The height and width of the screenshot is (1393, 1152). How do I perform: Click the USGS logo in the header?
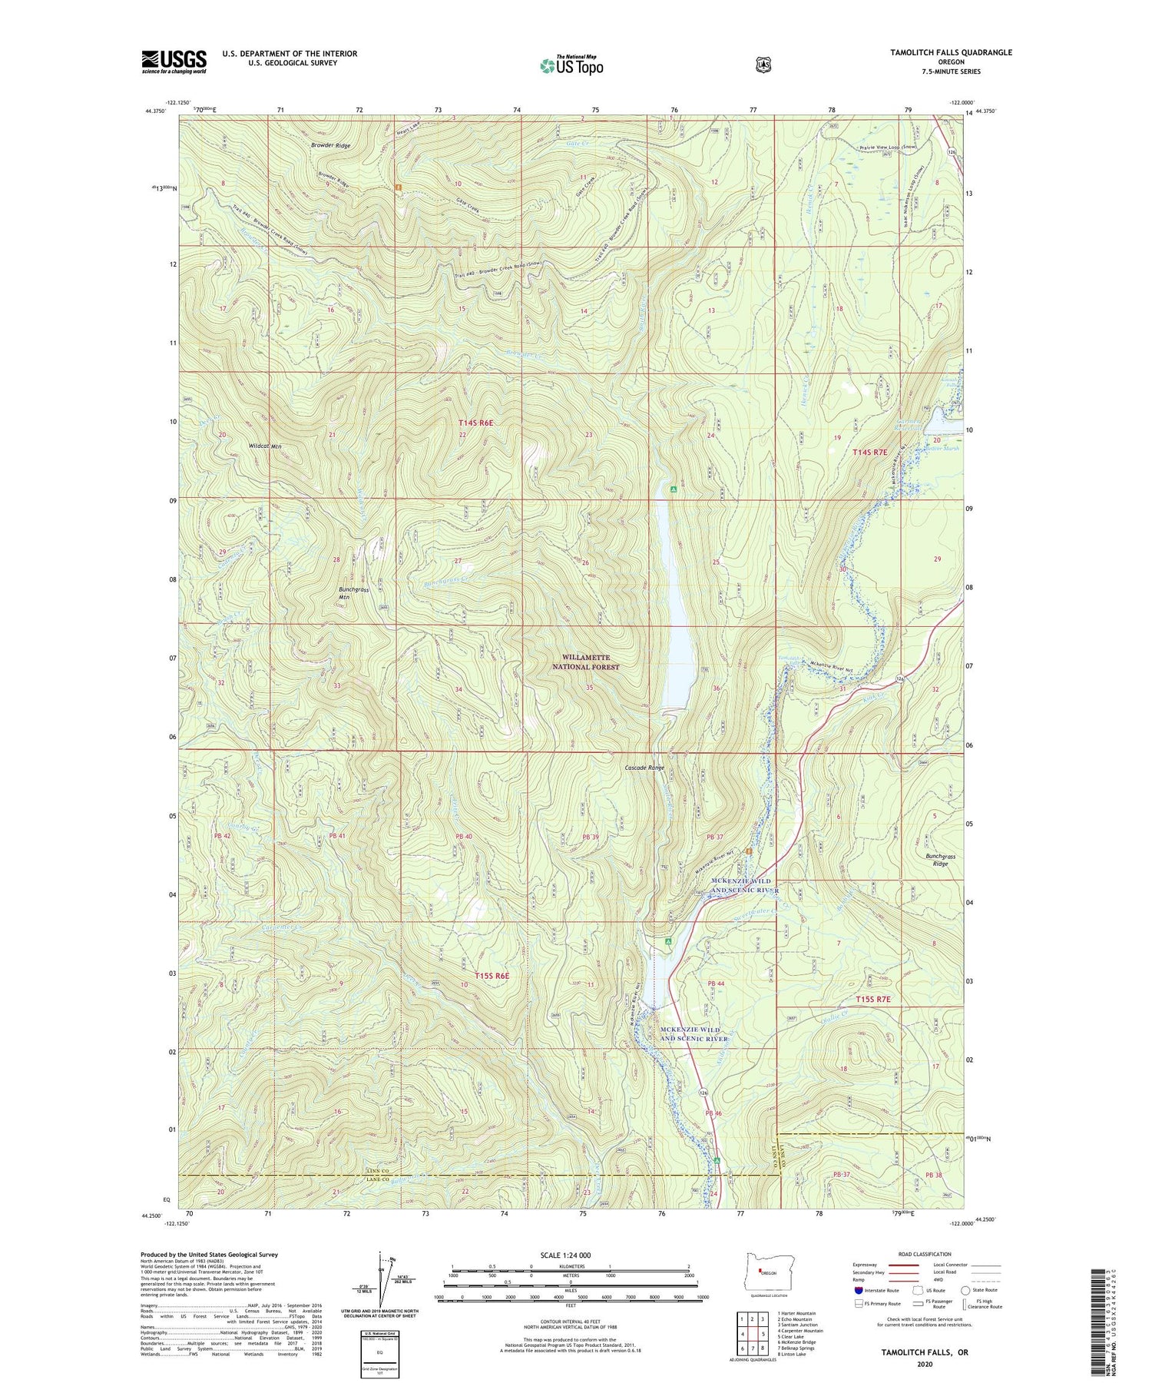(x=174, y=61)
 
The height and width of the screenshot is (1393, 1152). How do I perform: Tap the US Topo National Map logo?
(x=571, y=65)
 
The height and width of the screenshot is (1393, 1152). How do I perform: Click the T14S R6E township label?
(x=475, y=423)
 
